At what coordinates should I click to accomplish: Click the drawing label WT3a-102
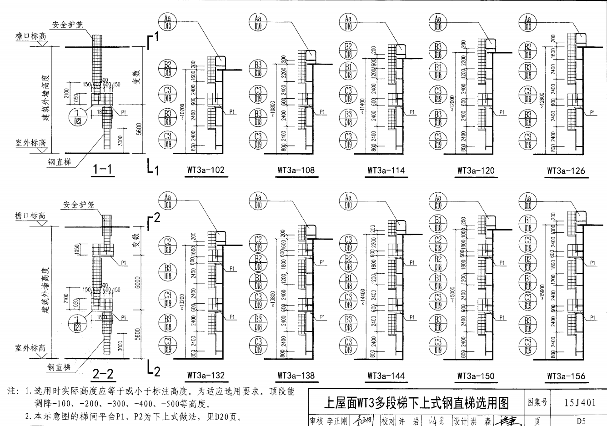pos(206,170)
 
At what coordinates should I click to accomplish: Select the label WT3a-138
pos(296,376)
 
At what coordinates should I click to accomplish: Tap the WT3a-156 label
pos(566,376)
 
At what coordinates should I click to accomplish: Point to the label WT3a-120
pos(476,170)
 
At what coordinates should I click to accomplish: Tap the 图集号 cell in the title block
pos(537,403)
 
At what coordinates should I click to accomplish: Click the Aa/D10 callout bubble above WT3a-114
pos(348,22)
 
